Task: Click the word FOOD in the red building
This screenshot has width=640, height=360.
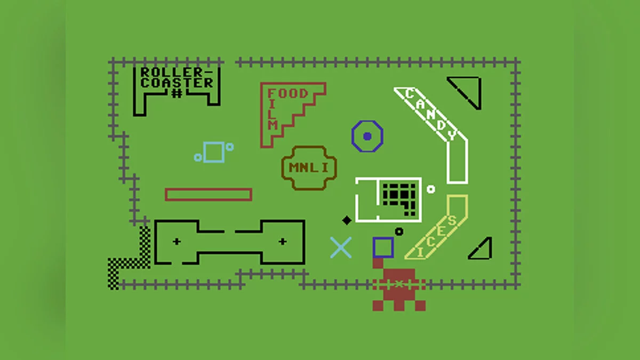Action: [x=287, y=93]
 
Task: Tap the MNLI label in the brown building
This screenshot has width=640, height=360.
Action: [x=309, y=167]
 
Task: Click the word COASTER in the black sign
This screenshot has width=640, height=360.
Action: [x=177, y=83]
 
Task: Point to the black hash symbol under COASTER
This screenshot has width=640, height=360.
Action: [x=177, y=93]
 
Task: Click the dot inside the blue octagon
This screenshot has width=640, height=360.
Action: [x=367, y=137]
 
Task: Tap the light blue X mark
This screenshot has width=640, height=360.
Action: [x=341, y=247]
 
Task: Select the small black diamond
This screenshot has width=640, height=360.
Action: [x=347, y=220]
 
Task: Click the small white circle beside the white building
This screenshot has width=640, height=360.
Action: [x=431, y=189]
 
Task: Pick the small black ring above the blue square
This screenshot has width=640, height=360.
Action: [x=399, y=231]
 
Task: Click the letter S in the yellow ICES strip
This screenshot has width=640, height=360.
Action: [x=452, y=221]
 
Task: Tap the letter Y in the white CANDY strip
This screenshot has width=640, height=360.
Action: [x=452, y=135]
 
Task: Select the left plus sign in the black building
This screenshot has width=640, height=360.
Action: [x=177, y=242]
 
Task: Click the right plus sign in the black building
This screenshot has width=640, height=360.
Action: [x=283, y=242]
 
